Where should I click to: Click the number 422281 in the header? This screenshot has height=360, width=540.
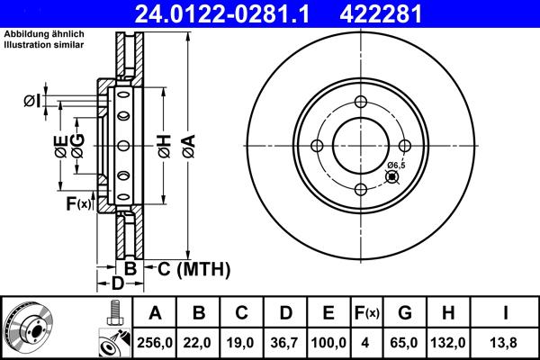(415, 13)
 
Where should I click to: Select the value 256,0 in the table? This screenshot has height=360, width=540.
(155, 342)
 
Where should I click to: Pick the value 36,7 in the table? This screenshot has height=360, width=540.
(285, 342)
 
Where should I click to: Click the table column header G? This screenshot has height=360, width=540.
(405, 313)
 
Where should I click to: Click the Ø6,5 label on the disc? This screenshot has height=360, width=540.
(397, 165)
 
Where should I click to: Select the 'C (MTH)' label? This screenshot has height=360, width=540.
(193, 268)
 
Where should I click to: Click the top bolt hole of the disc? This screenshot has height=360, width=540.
(361, 103)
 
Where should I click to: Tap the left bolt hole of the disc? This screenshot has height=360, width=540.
(317, 147)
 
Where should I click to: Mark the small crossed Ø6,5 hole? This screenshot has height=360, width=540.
(391, 177)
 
